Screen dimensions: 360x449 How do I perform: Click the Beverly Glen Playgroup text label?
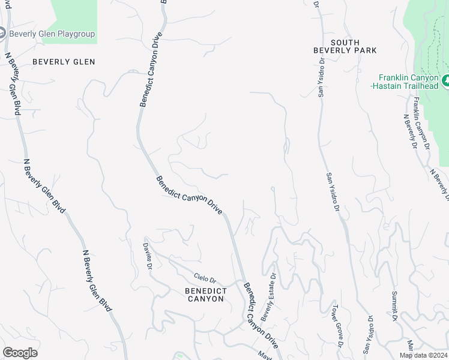pyautogui.click(x=52, y=34)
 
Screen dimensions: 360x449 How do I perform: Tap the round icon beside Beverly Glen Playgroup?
pyautogui.click(x=2, y=34)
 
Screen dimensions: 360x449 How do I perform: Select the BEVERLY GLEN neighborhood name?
pyautogui.click(x=64, y=61)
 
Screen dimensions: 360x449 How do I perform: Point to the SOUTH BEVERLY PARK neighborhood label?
pyautogui.click(x=345, y=46)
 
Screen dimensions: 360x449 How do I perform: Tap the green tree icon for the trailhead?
pyautogui.click(x=445, y=80)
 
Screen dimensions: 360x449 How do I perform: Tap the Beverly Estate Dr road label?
pyautogui.click(x=268, y=298)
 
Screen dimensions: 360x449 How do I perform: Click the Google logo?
pyautogui.click(x=20, y=353)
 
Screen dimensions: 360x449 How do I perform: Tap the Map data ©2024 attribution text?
pyautogui.click(x=423, y=355)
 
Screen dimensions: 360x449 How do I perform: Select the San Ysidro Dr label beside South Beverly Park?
pyautogui.click(x=322, y=78)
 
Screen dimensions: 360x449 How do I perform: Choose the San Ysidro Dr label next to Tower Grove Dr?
pyautogui.click(x=367, y=333)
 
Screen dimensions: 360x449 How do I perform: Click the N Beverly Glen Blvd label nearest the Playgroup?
pyautogui.click(x=13, y=84)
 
